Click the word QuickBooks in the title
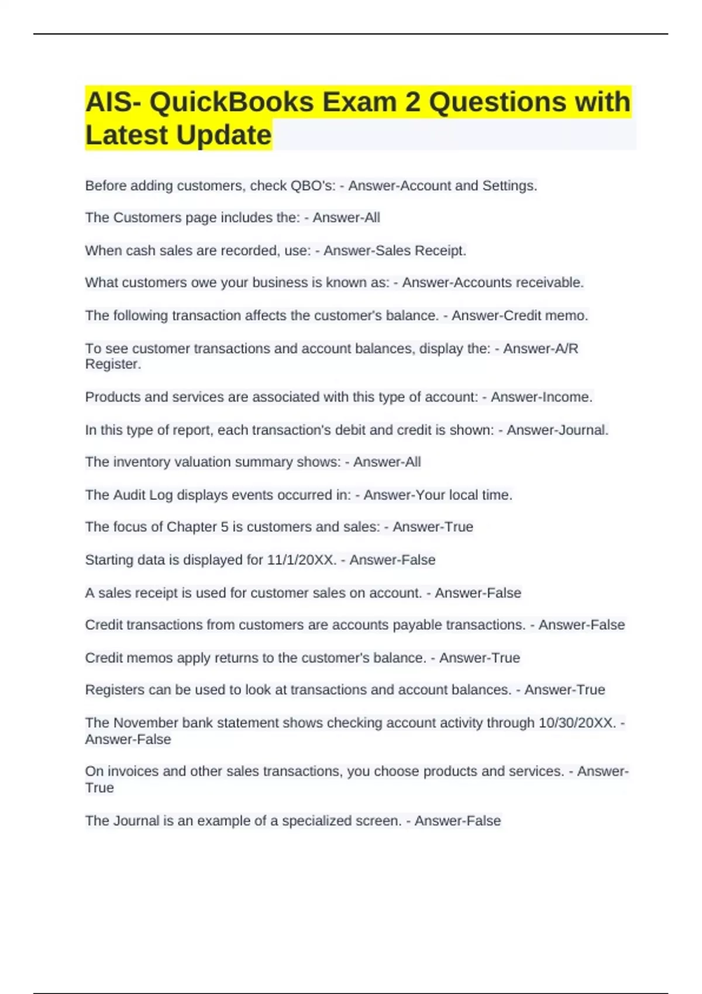pyautogui.click(x=232, y=102)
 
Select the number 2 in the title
pyautogui.click(x=412, y=102)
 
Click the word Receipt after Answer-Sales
pyautogui.click(x=441, y=251)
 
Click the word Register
pyautogui.click(x=113, y=364)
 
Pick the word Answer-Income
pyautogui.click(x=541, y=397)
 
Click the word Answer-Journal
pyautogui.click(x=557, y=430)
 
